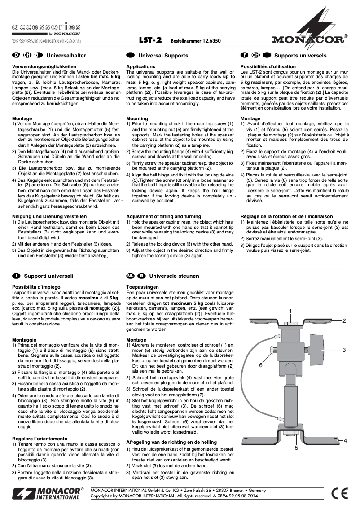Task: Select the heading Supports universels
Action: click(300, 56)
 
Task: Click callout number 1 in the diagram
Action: click(290, 311)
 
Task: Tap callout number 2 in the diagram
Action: click(344, 321)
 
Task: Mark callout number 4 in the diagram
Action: click(345, 441)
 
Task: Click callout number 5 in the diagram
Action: click(296, 448)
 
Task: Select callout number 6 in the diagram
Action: click(260, 365)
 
